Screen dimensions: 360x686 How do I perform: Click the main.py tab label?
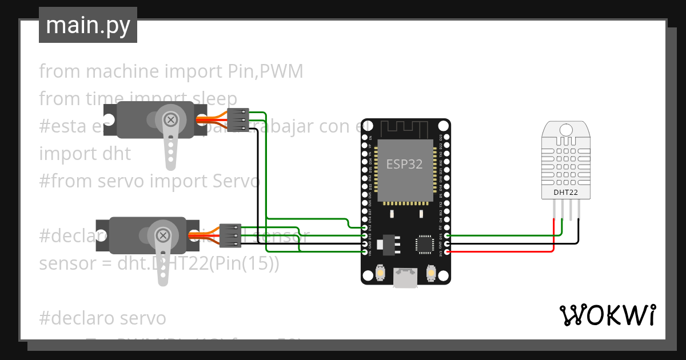click(87, 25)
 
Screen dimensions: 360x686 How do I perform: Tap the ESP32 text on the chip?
click(404, 164)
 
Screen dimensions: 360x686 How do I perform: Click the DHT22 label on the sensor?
click(565, 193)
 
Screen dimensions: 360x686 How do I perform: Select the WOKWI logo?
click(607, 315)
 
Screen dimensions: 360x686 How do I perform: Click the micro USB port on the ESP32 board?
click(405, 278)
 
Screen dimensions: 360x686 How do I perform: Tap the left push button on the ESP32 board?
click(380, 274)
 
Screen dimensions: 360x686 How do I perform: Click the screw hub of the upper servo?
click(170, 119)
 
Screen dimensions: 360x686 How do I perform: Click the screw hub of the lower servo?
click(163, 235)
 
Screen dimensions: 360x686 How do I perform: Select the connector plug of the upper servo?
click(237, 120)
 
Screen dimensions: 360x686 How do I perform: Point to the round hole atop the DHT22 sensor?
click(565, 130)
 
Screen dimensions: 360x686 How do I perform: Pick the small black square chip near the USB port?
click(425, 243)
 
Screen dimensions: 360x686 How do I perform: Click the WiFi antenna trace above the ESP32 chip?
click(405, 129)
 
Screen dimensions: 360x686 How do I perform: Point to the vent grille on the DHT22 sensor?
click(565, 164)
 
